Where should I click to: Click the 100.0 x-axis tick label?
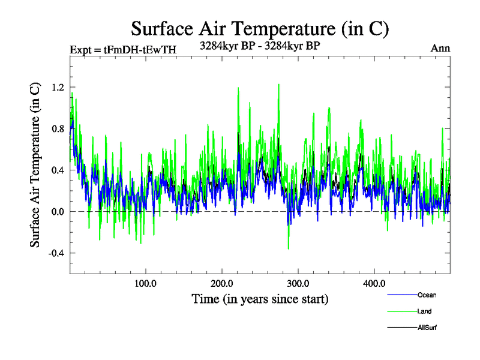click(x=145, y=283)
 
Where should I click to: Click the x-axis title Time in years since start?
click(x=260, y=298)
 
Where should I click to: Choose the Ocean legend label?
click(x=427, y=295)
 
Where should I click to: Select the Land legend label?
click(x=424, y=311)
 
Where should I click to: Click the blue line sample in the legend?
click(x=403, y=295)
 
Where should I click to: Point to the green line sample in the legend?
click(x=403, y=311)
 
